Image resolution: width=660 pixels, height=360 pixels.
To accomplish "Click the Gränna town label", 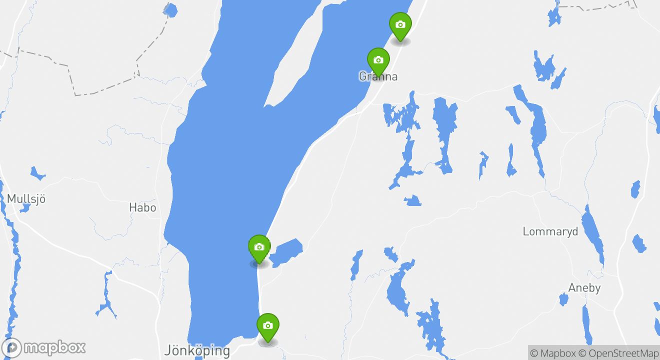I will tap(378, 76).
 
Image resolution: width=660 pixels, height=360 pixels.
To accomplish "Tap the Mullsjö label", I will tap(26, 198).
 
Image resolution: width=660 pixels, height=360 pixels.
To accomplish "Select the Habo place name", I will tap(142, 207).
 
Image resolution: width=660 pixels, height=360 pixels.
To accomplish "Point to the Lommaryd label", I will tap(550, 231).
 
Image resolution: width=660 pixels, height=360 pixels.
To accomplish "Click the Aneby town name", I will tap(584, 288).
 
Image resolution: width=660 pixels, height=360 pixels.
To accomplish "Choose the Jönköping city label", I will tap(197, 350).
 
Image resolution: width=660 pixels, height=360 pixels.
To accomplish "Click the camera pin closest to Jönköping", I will tap(267, 325).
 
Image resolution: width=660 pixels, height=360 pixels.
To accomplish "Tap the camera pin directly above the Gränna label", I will tap(378, 60).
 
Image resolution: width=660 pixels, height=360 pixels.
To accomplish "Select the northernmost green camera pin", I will tap(400, 24).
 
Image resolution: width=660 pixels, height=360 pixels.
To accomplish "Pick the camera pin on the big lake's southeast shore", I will tap(259, 247).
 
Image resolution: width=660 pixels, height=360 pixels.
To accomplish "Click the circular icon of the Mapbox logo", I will tap(12, 347).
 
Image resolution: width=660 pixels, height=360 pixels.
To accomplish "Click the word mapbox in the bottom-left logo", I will tap(55, 347).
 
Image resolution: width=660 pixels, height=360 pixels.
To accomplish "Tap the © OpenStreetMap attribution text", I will tap(618, 353).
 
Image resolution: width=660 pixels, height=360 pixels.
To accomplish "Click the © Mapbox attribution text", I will tap(553, 353).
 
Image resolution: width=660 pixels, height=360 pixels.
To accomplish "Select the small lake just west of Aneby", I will tap(563, 299).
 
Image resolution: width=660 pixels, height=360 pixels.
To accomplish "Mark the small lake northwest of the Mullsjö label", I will tap(37, 173).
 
